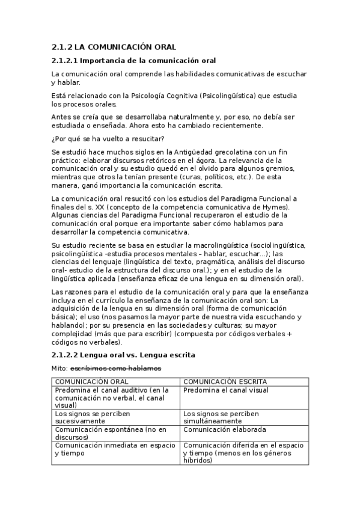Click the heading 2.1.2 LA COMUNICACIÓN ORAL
click(x=114, y=47)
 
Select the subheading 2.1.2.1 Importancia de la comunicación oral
click(x=133, y=61)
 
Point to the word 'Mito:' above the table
click(x=59, y=368)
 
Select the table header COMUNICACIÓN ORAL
click(x=91, y=382)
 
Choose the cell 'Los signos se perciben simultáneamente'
click(x=221, y=417)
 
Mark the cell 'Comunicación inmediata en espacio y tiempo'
click(x=115, y=449)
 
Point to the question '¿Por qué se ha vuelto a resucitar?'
click(x=104, y=139)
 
